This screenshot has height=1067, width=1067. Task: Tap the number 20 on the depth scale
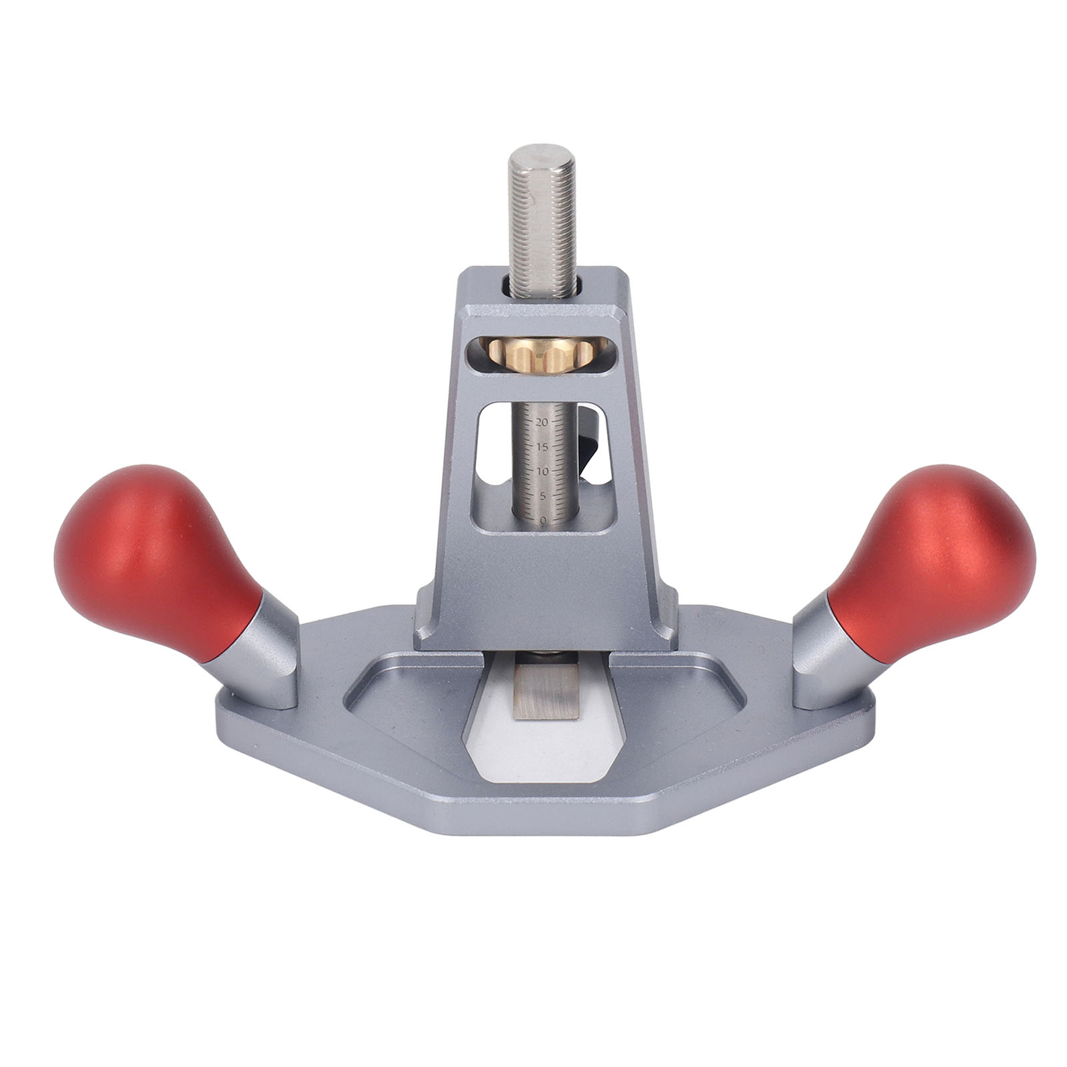point(541,422)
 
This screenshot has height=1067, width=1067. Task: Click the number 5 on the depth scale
point(543,495)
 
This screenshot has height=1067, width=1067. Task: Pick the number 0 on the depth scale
point(544,519)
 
